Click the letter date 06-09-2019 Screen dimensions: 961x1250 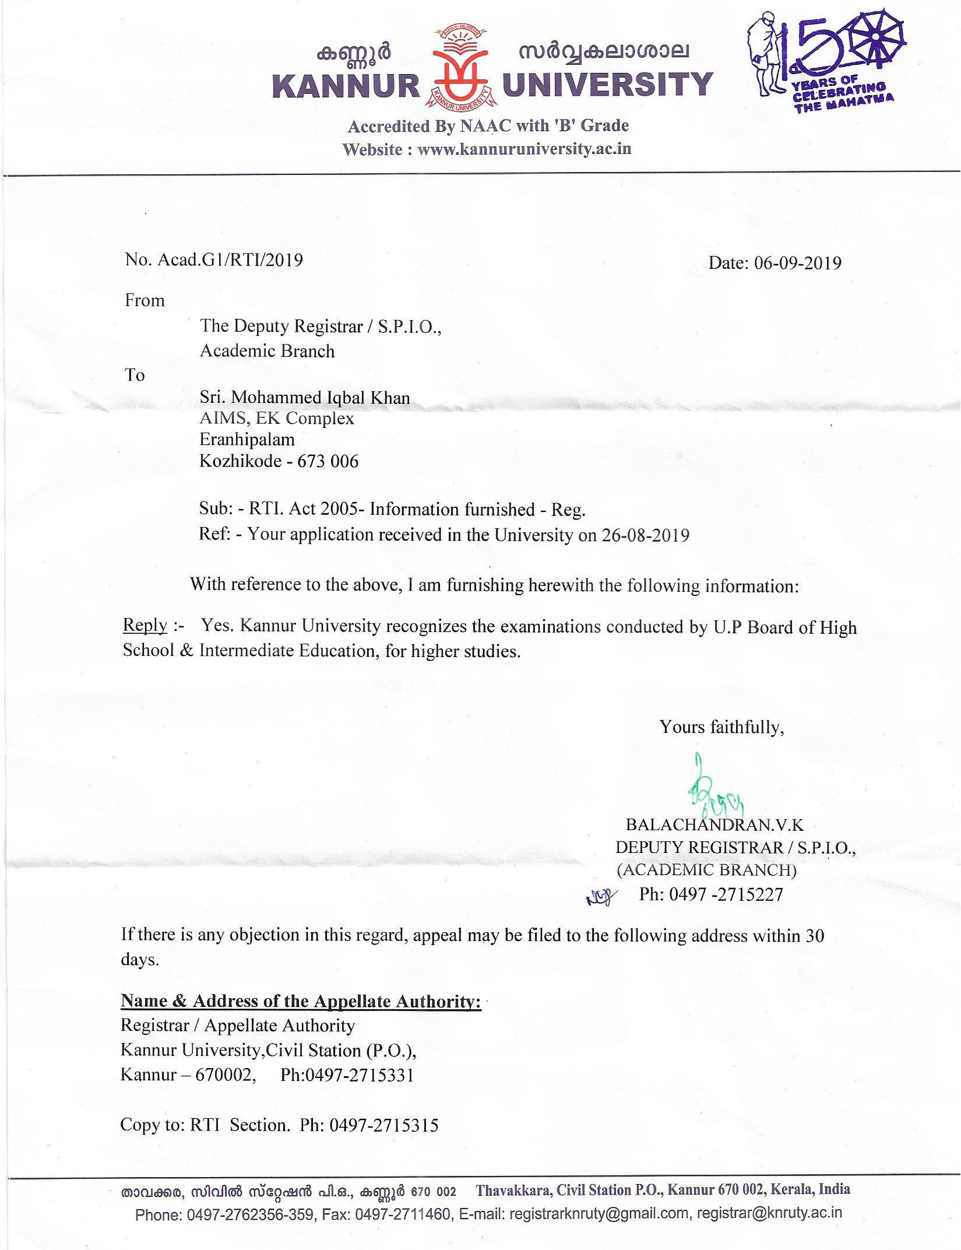pyautogui.click(x=797, y=264)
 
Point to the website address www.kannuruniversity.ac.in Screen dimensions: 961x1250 pyautogui.click(x=524, y=149)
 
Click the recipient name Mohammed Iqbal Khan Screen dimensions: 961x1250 pyautogui.click(x=321, y=398)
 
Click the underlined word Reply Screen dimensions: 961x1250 pyautogui.click(x=145, y=625)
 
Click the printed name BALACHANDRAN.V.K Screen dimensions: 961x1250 pyautogui.click(x=714, y=824)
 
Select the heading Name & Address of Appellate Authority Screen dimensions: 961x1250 pyautogui.click(x=301, y=1001)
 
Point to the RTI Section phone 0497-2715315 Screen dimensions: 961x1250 pyautogui.click(x=384, y=1125)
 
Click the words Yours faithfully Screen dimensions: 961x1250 pyautogui.click(x=721, y=727)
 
